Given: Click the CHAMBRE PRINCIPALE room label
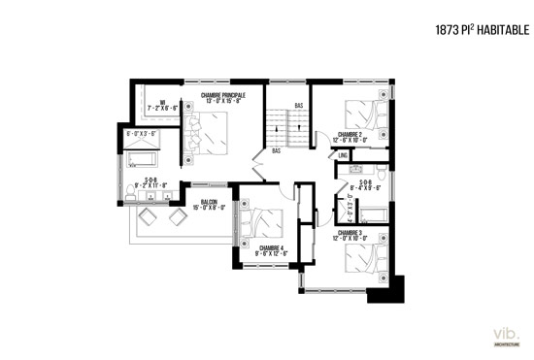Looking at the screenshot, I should coord(223,95).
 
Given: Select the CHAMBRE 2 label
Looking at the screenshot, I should coord(350,134).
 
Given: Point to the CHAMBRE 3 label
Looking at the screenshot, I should coord(350,233).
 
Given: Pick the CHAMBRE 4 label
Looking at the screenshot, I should coord(271,248).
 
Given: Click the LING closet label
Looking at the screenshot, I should coord(344,154).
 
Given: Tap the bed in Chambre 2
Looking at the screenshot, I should coord(363,113).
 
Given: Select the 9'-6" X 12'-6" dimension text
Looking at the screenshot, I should coord(271,255).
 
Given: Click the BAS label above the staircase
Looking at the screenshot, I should coord(299,105).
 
